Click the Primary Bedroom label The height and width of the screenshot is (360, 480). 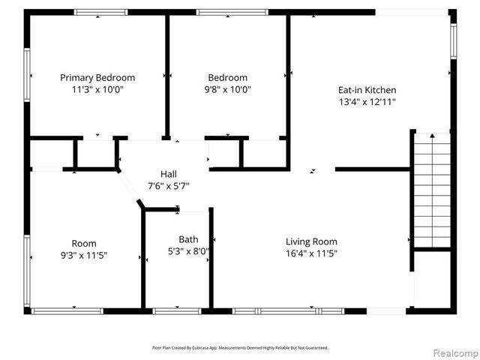[x=97, y=77]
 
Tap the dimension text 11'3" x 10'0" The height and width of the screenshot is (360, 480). [x=97, y=89]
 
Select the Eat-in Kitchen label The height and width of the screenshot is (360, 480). [x=367, y=90]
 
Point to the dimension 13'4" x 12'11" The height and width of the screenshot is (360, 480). [x=367, y=102]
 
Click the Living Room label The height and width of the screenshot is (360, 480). [x=311, y=241]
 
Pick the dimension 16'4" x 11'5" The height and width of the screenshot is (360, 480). [x=311, y=253]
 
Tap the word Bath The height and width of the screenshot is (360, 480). [x=188, y=240]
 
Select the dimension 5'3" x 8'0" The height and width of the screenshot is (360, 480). [x=188, y=252]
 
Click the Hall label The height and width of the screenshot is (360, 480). [x=169, y=174]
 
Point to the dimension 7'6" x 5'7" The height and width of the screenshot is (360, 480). [x=169, y=186]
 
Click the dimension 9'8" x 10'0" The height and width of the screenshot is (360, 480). [x=228, y=89]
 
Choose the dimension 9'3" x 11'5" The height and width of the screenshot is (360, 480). [x=84, y=255]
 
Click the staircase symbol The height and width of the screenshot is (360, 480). [x=433, y=190]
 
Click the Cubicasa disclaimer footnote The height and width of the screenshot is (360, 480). [x=240, y=348]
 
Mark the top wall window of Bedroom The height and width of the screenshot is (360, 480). [x=232, y=12]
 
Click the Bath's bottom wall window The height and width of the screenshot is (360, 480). [x=176, y=310]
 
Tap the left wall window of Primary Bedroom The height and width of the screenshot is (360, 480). [x=27, y=75]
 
